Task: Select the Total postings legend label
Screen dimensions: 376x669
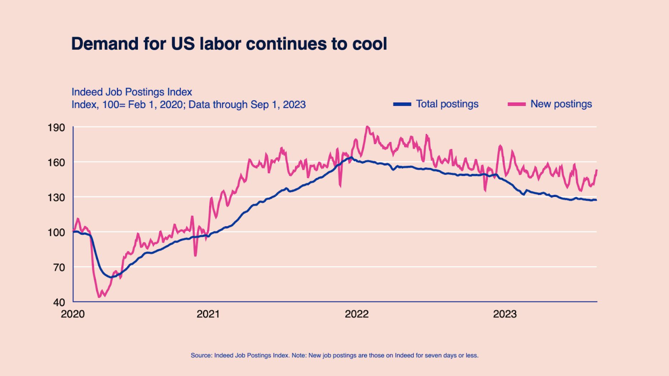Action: [447, 104]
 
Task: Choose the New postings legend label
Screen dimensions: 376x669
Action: [561, 104]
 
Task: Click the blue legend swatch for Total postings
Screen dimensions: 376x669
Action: [402, 104]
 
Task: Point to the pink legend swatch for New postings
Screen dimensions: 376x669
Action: [516, 104]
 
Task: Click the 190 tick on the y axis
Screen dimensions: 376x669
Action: [56, 128]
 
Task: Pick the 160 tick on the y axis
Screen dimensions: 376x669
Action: [56, 163]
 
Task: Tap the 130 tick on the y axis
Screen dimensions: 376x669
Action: [56, 198]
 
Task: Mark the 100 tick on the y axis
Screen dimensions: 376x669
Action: [56, 232]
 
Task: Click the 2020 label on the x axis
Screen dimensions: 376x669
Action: [73, 314]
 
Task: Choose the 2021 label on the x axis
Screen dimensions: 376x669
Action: [208, 314]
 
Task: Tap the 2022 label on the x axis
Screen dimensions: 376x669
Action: [356, 314]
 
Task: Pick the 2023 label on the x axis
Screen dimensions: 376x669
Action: [505, 314]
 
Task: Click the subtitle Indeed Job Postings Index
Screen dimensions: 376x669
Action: [132, 92]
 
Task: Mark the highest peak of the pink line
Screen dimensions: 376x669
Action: [367, 127]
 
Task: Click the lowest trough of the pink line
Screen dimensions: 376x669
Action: [99, 297]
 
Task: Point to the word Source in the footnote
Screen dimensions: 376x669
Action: [201, 356]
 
